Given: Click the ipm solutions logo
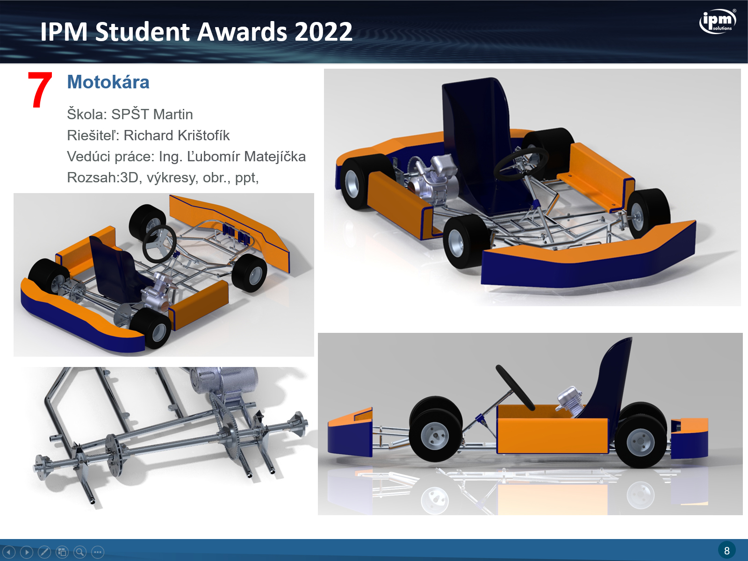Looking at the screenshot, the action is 718,21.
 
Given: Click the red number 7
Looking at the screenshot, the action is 40,90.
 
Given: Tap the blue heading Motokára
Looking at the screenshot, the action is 108,82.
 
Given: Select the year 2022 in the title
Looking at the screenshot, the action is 323,32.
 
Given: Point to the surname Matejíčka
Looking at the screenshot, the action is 275,157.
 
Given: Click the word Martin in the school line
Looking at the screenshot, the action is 173,115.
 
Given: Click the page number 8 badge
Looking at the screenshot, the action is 726,550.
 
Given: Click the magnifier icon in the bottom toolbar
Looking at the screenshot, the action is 80,552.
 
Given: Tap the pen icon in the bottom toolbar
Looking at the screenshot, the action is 44,552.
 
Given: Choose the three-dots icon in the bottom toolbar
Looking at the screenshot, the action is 98,552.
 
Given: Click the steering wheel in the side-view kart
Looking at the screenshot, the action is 515,387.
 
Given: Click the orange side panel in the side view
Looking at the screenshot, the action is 552,430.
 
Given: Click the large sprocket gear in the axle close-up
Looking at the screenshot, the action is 225,426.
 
